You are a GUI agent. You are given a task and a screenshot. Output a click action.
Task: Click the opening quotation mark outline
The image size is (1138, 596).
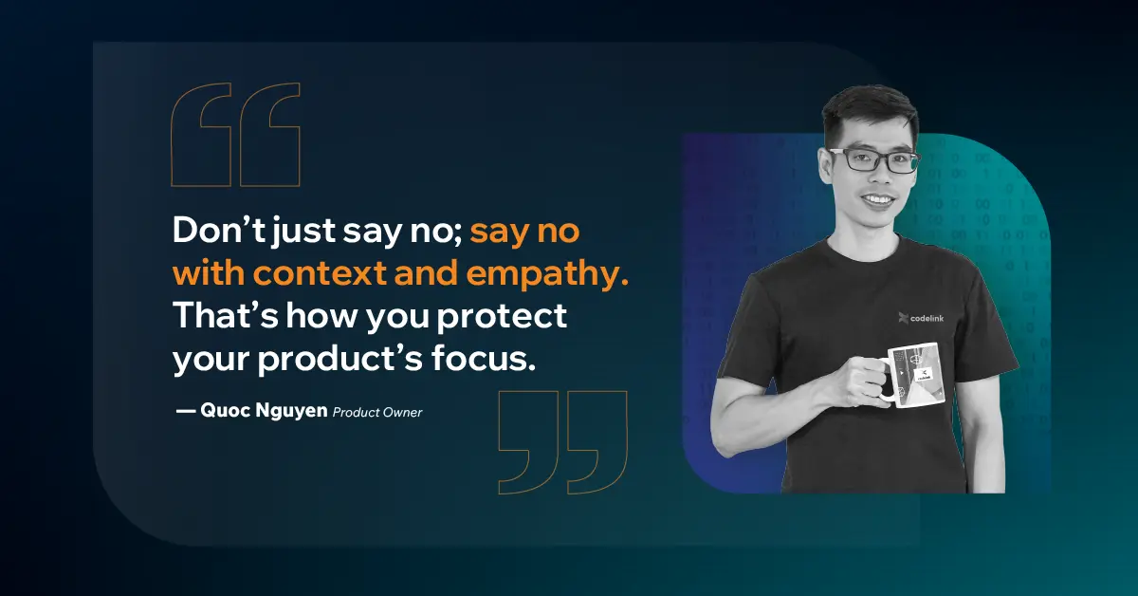click(235, 135)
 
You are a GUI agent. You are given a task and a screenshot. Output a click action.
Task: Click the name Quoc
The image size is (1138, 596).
click(226, 411)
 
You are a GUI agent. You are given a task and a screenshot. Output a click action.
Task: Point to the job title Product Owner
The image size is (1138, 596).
click(376, 412)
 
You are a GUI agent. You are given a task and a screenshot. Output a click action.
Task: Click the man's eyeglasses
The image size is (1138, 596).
click(871, 159)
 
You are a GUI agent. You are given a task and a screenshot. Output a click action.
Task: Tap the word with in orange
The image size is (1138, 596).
click(208, 273)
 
